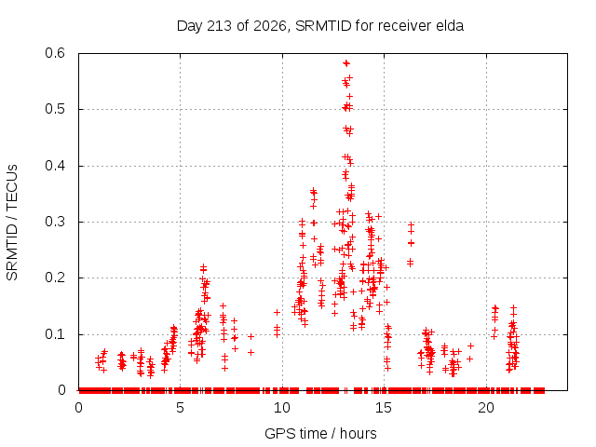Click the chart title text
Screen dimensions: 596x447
click(x=320, y=26)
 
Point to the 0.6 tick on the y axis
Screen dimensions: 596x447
click(x=55, y=53)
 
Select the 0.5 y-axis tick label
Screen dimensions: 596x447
click(x=55, y=109)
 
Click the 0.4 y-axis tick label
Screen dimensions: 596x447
click(x=55, y=166)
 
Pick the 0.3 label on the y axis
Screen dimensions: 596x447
click(x=55, y=222)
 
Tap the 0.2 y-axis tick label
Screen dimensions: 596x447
click(x=55, y=278)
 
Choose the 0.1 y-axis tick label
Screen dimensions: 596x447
click(x=55, y=334)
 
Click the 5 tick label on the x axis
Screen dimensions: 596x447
click(x=180, y=408)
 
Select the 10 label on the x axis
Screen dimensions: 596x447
click(x=282, y=408)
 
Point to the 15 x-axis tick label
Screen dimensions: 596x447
click(x=384, y=408)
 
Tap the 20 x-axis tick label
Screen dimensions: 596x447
click(x=486, y=408)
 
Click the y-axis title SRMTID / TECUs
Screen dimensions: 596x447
click(x=12, y=223)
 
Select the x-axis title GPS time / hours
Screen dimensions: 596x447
click(x=320, y=433)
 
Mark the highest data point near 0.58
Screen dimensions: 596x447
click(x=345, y=63)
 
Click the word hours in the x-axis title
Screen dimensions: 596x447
click(x=358, y=433)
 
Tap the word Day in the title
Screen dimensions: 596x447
click(x=189, y=26)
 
